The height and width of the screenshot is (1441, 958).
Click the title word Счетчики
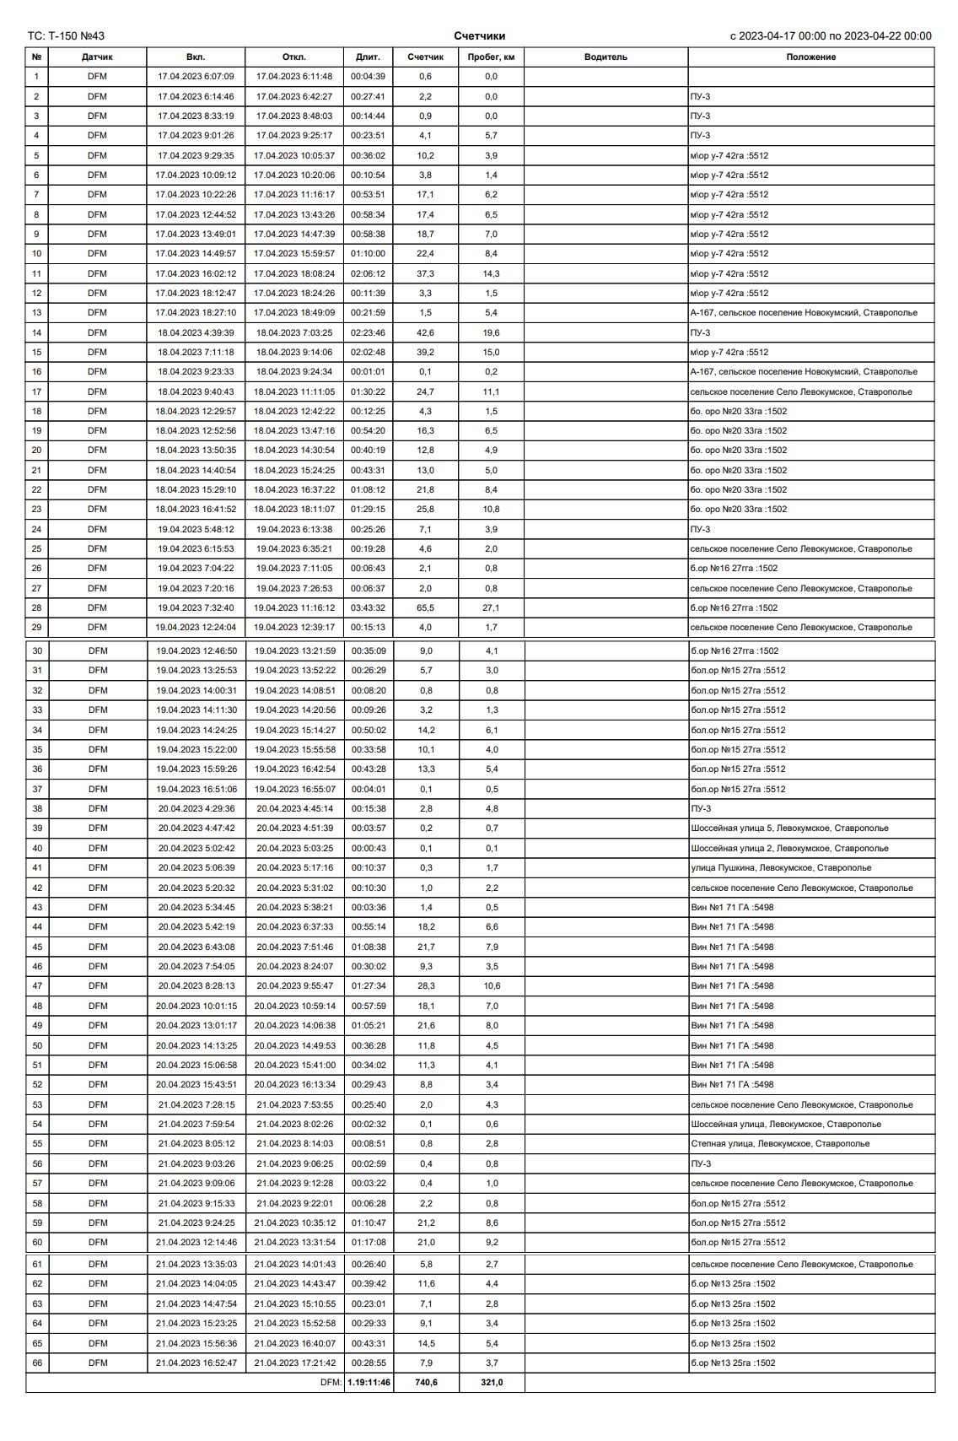[479, 36]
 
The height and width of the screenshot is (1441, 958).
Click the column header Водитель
[605, 57]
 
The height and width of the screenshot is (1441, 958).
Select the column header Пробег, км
[491, 57]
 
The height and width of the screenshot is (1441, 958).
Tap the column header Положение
[810, 57]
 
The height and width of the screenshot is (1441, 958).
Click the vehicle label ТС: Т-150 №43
[66, 36]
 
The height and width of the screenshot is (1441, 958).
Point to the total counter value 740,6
[426, 1382]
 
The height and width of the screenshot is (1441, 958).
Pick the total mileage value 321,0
[492, 1382]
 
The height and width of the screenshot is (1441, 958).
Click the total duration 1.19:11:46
[369, 1382]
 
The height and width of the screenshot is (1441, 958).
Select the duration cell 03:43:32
[368, 608]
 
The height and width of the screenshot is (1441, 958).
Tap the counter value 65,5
[425, 608]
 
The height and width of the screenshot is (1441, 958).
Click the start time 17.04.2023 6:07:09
[196, 77]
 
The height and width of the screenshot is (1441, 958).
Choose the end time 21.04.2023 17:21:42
[294, 1363]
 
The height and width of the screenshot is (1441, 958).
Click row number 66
[37, 1363]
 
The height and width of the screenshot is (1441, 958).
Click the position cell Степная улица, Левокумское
[780, 1144]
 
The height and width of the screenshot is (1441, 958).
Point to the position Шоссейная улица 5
[789, 828]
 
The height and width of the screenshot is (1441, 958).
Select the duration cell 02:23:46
[368, 333]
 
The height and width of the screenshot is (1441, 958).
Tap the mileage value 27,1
[491, 608]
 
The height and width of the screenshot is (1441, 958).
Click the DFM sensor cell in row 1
[97, 77]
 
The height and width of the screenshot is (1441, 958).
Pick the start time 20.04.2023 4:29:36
[196, 809]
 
